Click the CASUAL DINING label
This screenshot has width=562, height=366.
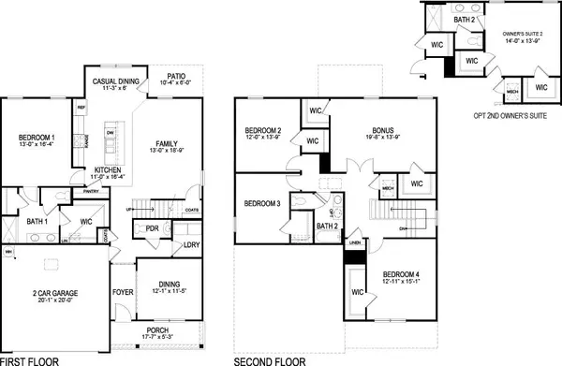coord(117,82)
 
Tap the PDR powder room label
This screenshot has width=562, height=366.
coord(153,227)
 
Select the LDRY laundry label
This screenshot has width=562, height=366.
coord(191,245)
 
